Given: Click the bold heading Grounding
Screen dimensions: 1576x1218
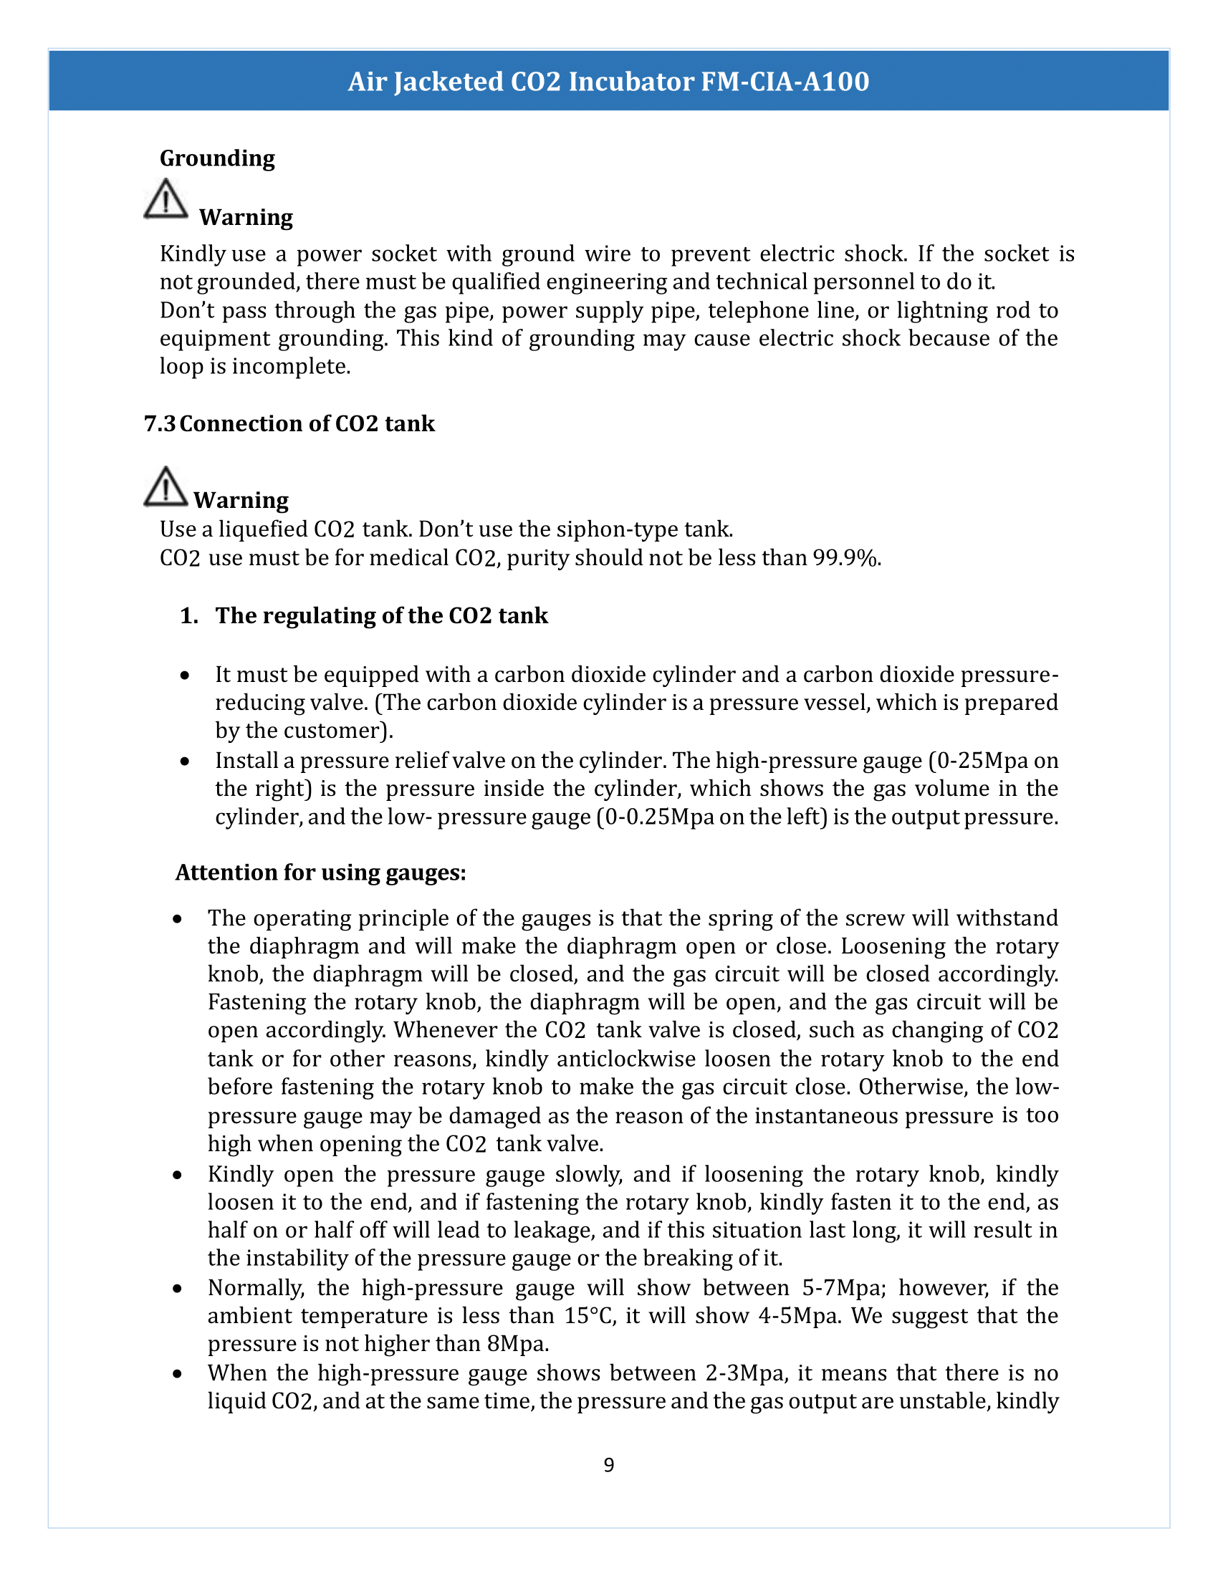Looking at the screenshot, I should [x=217, y=158].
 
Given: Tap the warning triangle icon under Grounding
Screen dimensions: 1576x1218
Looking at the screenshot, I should [x=166, y=199].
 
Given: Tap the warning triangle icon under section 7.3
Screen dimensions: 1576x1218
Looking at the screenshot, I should [x=166, y=486].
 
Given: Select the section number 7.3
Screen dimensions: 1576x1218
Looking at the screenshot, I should [x=160, y=423].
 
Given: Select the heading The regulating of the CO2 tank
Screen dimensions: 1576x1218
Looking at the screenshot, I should [x=381, y=615].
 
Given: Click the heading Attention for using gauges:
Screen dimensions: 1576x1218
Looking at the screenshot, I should [x=321, y=873].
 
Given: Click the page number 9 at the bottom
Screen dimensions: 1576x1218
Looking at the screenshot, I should [x=609, y=1465].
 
